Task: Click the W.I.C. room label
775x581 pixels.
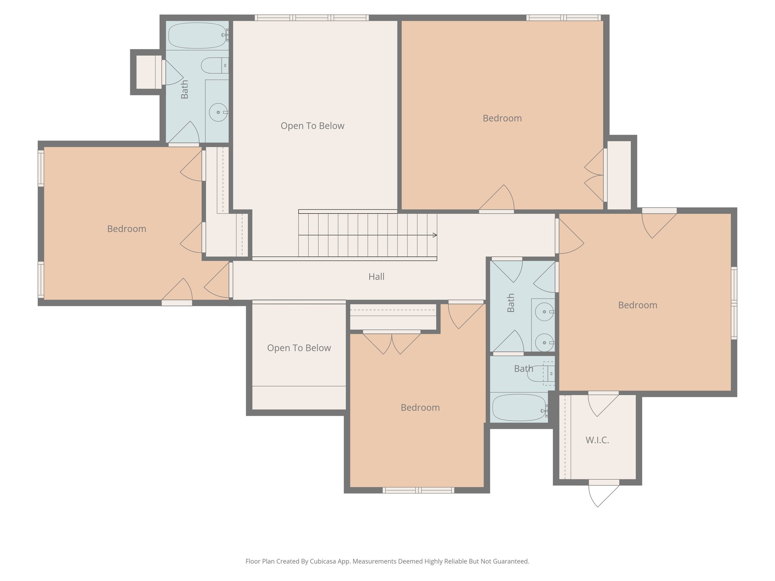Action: tap(597, 440)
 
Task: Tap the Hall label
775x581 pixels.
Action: tap(376, 277)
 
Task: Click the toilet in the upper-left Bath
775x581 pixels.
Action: tap(214, 65)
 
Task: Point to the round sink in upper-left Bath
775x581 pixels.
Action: tap(218, 112)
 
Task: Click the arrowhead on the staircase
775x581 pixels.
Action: tap(435, 235)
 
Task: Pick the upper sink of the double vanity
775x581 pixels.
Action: tap(545, 312)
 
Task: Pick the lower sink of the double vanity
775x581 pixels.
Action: tap(545, 343)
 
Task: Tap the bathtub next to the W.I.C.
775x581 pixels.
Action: tap(519, 408)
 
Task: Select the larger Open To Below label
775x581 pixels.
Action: tap(312, 126)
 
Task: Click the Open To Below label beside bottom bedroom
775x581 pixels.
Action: tap(299, 348)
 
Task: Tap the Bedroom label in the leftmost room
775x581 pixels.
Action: tap(126, 229)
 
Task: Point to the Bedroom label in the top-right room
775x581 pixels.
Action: tap(502, 118)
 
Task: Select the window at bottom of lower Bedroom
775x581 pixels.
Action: tap(418, 490)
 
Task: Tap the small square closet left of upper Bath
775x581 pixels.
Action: tap(148, 72)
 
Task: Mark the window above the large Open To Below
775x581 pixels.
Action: tap(311, 17)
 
